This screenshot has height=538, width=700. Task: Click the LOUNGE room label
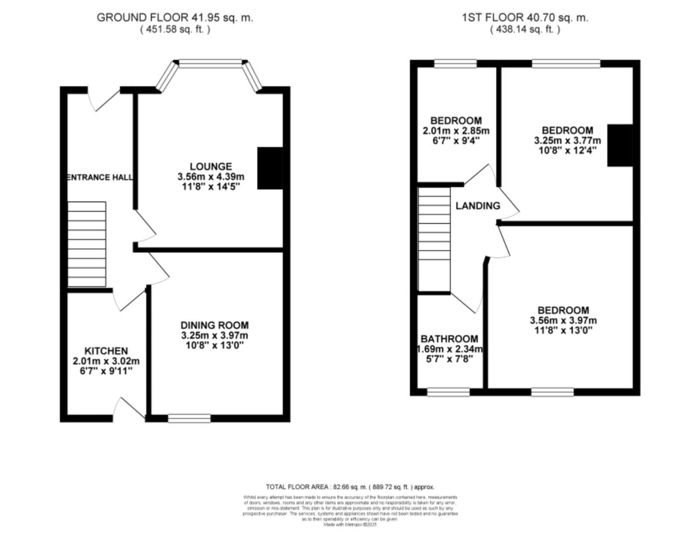click(211, 166)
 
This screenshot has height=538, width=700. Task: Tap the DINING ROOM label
click(214, 325)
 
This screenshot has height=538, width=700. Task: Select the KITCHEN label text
click(106, 351)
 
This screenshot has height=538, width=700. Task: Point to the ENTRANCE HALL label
click(100, 177)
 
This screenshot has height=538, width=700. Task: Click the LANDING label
click(477, 206)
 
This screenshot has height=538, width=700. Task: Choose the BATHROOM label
click(449, 339)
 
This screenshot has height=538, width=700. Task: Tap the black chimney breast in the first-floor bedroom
click(619, 145)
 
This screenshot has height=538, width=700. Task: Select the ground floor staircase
click(87, 244)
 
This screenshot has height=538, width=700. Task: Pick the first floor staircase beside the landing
click(434, 239)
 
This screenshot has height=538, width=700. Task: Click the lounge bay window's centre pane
click(211, 63)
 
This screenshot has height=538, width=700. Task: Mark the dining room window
click(189, 418)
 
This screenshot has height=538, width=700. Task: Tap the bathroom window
click(448, 393)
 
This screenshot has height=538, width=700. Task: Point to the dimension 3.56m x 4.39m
click(211, 177)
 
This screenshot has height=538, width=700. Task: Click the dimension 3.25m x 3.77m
click(567, 140)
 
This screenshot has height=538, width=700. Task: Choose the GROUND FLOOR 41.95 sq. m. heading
click(175, 17)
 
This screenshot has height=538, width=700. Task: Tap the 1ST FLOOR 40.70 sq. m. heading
click(525, 17)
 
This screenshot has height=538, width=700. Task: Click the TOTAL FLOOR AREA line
click(350, 487)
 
